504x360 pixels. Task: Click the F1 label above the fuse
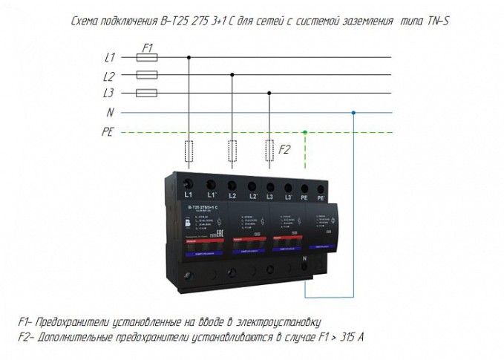(x=147, y=47)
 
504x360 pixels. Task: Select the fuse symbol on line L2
(x=148, y=75)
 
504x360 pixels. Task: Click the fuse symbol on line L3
(x=148, y=94)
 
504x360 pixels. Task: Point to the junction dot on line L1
(x=189, y=57)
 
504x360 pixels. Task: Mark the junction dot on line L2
(x=233, y=75)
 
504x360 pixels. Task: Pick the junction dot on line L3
(x=269, y=94)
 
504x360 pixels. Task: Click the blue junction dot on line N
(x=353, y=113)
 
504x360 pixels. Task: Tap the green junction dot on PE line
(x=305, y=131)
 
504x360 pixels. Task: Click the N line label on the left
(x=111, y=113)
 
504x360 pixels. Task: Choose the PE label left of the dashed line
(x=108, y=131)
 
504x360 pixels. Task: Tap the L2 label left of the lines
(x=109, y=76)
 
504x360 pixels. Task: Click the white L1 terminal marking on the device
(x=188, y=194)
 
